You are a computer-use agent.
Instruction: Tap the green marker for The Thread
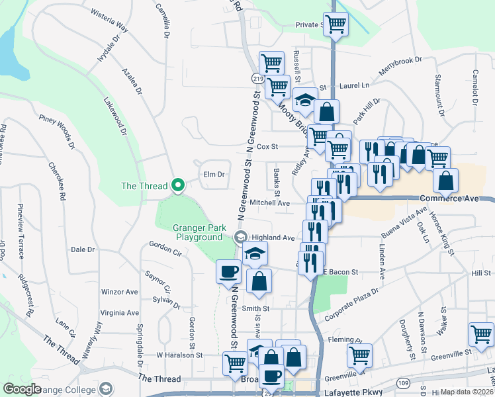click(x=177, y=186)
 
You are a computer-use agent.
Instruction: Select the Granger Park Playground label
click(x=197, y=232)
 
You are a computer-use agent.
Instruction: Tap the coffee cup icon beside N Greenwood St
click(x=229, y=271)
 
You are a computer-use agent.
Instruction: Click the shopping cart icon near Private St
click(x=336, y=24)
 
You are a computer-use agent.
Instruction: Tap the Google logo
click(x=21, y=389)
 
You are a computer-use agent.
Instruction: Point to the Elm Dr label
click(x=214, y=175)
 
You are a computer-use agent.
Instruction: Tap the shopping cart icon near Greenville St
click(x=359, y=355)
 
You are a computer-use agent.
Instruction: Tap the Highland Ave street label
click(x=273, y=238)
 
